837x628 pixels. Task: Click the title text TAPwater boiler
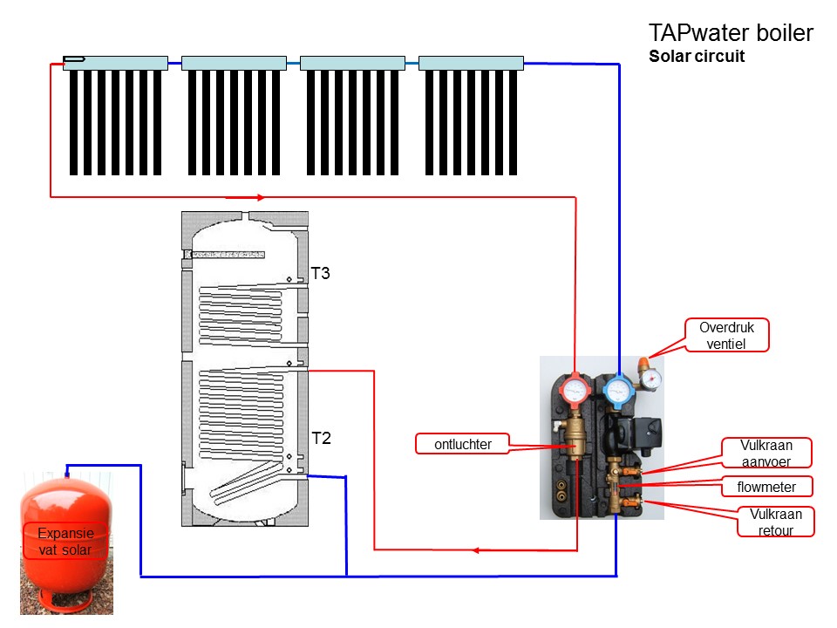(731, 34)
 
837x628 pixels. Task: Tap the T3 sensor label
(321, 274)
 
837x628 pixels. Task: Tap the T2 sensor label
(321, 438)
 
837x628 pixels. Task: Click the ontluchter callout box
(463, 445)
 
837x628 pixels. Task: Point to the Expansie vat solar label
(65, 541)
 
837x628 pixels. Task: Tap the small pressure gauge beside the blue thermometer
(650, 378)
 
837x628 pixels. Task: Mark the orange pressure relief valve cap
(643, 360)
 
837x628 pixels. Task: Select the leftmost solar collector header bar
(115, 63)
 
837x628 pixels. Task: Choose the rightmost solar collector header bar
(471, 63)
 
